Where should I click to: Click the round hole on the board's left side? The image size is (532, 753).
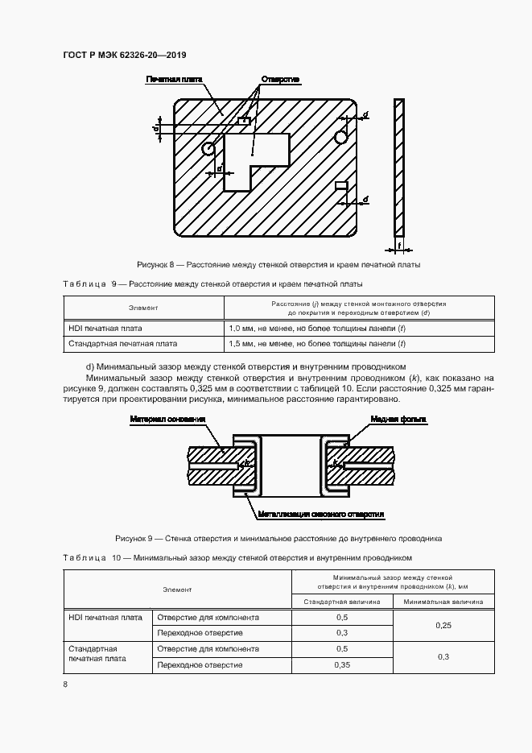click(208, 148)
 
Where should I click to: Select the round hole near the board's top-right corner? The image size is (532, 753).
click(341, 137)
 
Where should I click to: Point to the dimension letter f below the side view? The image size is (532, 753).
click(399, 246)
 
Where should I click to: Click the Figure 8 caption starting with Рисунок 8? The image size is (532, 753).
click(279, 265)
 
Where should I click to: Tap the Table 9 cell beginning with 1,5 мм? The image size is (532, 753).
click(317, 343)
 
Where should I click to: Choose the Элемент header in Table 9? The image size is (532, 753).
click(143, 308)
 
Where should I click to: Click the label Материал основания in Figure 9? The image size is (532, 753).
click(167, 420)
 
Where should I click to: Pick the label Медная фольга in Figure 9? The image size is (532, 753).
click(398, 420)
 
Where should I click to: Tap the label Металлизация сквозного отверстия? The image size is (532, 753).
click(320, 513)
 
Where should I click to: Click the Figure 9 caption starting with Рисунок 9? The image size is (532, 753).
click(278, 538)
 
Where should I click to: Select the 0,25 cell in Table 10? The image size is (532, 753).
click(442, 625)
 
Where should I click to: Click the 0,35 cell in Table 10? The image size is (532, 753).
click(341, 665)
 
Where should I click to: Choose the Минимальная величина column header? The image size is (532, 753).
click(443, 601)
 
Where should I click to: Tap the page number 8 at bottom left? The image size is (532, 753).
click(65, 685)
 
